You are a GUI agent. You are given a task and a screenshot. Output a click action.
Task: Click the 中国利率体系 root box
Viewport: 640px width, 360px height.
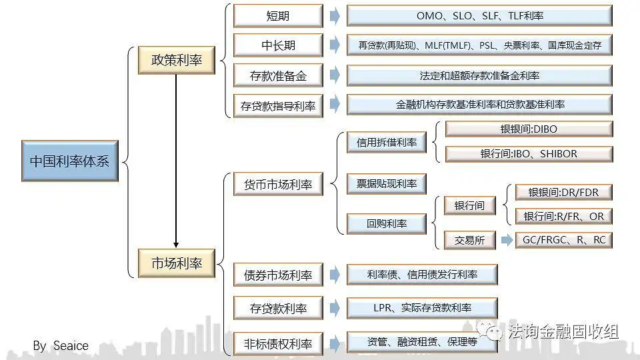coord(69,161)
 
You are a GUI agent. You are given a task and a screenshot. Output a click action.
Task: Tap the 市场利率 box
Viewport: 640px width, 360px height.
coord(176,263)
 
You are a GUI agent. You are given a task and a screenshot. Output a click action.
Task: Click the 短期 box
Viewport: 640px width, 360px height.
coord(278,16)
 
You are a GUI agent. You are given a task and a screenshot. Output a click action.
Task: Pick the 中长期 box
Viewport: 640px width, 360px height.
coord(278,45)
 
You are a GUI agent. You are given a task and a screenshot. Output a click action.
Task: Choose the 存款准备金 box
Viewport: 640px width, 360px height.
coord(278,75)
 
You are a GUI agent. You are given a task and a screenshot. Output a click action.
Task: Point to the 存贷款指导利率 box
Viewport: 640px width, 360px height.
coord(278,105)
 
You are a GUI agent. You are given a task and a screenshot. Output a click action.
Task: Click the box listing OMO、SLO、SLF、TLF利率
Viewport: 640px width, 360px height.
coord(479,16)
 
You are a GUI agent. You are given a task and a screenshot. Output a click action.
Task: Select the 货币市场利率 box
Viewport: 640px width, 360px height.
coord(278,184)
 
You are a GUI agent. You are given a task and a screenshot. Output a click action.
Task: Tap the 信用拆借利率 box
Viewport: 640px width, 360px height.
coord(387,142)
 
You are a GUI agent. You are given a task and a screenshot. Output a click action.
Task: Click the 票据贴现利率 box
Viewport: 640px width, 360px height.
coord(387,184)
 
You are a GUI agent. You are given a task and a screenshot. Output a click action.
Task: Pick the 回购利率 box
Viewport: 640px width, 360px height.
coord(387,224)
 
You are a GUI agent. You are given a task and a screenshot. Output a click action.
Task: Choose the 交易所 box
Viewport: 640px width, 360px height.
coord(470,240)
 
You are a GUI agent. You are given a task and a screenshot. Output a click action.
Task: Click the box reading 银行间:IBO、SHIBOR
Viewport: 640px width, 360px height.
coord(529,154)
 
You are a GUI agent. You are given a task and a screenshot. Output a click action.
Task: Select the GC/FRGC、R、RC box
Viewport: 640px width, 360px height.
coord(563,240)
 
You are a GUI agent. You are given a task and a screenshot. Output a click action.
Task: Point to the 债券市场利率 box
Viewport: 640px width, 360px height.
coord(278,275)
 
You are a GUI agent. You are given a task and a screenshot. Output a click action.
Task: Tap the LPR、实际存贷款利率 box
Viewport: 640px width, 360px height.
coord(422,308)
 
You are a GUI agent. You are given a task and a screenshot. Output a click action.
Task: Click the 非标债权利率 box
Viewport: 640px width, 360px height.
coord(278,343)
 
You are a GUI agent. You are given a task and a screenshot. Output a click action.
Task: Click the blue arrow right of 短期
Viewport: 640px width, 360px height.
coord(335,16)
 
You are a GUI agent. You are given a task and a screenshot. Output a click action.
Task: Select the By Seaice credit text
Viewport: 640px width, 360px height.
coord(61,345)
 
